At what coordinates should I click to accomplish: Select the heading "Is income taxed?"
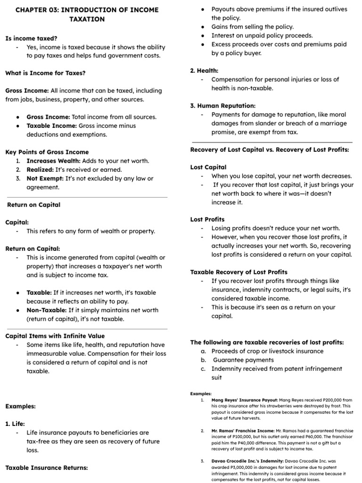pos(31,38)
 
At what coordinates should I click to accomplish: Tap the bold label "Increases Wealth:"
pos(53,161)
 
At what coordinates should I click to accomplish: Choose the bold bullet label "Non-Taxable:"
pos(46,310)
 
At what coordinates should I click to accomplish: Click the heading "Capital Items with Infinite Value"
pos(54,336)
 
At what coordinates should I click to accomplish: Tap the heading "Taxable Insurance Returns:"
pos(47,467)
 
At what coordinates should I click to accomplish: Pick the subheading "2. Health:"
pos(204,70)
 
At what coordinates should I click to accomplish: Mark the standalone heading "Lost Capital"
pos(208,167)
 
